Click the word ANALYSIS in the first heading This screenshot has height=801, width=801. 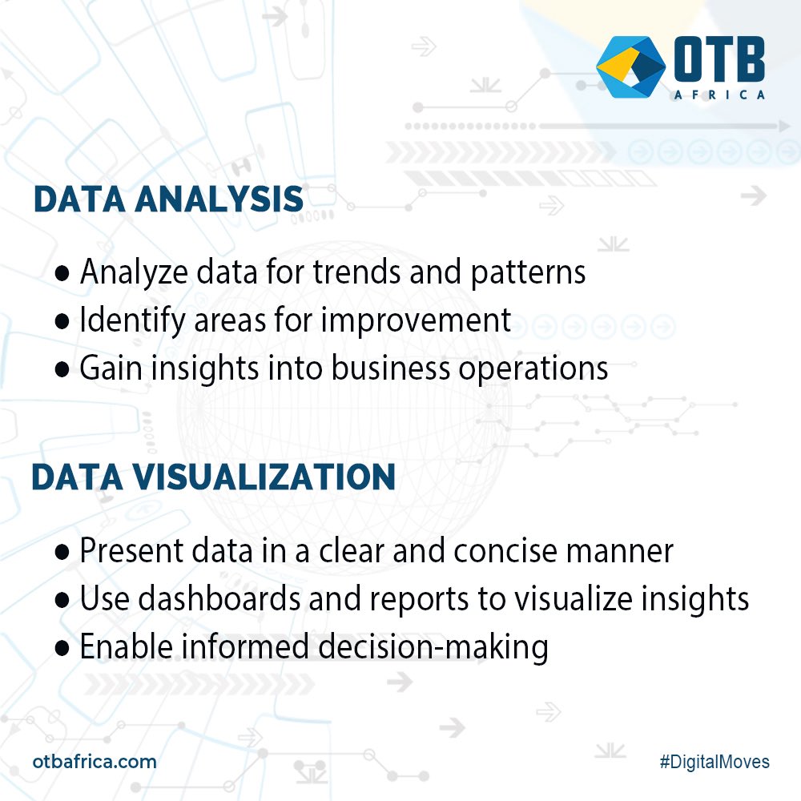click(x=219, y=199)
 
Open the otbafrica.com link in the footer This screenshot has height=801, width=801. click(x=95, y=761)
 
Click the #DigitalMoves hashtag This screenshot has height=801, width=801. click(x=715, y=762)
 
